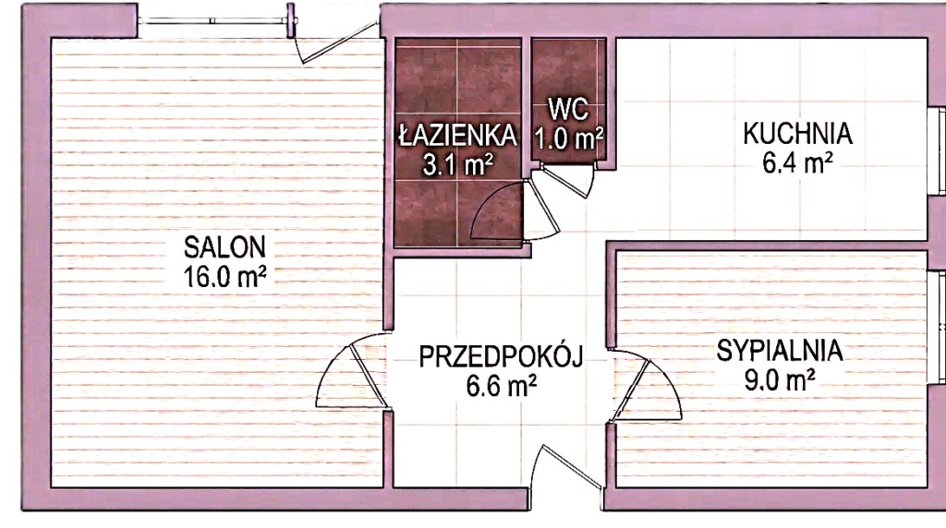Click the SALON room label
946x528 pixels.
click(x=224, y=247)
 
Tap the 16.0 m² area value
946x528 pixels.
click(x=225, y=277)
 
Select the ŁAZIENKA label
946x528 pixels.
click(x=458, y=135)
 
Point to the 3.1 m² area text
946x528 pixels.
click(x=458, y=164)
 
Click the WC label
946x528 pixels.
click(x=568, y=110)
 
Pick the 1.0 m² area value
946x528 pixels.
click(x=568, y=138)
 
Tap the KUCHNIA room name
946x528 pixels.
click(x=797, y=134)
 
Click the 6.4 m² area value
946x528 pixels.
click(x=797, y=162)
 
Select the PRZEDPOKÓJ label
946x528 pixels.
click(x=502, y=356)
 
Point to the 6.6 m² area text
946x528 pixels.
click(x=502, y=386)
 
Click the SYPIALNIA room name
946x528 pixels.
click(x=780, y=351)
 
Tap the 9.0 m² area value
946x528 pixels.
click(x=780, y=380)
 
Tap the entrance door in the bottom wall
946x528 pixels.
click(x=569, y=466)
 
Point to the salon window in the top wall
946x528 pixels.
click(x=213, y=21)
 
